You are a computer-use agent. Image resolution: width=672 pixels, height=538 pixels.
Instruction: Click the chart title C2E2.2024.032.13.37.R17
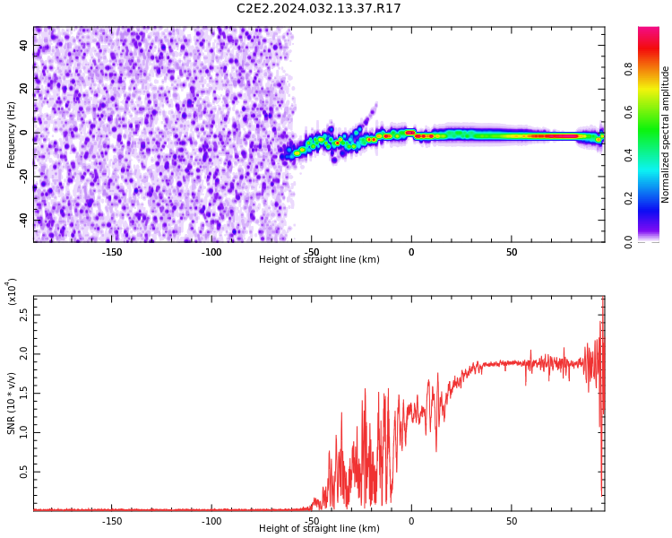319,8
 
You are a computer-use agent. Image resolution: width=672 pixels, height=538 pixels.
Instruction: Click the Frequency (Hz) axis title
11,134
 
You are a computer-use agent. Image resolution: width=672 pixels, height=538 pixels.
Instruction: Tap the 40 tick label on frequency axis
23,45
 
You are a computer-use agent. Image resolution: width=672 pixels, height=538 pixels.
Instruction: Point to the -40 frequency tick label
23,221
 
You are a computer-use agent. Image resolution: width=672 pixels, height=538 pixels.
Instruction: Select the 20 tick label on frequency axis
23,89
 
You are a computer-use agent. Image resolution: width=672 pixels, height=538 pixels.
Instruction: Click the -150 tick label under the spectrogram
112,252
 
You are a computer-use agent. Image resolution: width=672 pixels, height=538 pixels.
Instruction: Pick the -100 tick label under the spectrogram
211,252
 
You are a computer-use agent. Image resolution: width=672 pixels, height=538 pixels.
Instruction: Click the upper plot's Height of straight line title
319,259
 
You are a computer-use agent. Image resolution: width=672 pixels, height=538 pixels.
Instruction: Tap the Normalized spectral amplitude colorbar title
665,134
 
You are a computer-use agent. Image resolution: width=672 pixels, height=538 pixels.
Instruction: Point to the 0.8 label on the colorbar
628,69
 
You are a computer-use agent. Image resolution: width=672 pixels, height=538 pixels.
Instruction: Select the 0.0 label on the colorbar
628,242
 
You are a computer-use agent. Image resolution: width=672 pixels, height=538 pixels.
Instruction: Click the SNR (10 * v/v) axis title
11,403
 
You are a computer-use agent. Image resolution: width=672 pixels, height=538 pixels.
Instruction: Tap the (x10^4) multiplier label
11,291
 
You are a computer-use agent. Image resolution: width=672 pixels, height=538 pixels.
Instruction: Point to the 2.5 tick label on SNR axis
23,315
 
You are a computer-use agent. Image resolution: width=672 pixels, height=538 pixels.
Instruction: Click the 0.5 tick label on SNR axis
23,472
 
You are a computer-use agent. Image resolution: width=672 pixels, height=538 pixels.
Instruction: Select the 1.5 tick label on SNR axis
23,394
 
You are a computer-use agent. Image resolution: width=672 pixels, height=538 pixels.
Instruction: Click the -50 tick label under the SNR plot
312,522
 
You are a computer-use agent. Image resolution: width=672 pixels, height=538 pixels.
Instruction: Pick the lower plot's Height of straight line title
319,528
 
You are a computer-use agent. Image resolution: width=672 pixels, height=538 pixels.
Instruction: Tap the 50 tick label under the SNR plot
512,522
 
